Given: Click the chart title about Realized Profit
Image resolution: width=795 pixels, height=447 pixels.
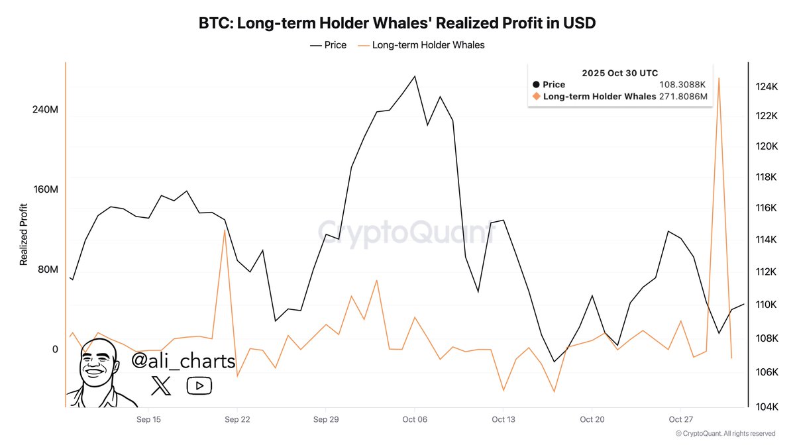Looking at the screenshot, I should point(397,23).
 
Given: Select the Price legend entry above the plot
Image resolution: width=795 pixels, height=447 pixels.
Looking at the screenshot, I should point(328,45).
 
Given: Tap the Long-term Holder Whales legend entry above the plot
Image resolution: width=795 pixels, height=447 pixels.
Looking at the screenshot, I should point(421,45).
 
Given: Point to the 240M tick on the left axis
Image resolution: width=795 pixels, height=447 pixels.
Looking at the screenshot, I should point(45,110).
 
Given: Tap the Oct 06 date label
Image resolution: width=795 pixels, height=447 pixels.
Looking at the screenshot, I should point(414,420).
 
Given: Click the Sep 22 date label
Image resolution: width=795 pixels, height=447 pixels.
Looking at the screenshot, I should point(237,420).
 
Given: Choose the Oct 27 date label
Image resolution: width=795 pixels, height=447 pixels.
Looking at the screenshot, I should point(680,420).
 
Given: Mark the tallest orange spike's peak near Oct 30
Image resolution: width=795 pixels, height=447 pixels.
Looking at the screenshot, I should point(719,78).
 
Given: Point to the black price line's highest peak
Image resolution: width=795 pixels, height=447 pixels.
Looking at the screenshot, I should point(415,76).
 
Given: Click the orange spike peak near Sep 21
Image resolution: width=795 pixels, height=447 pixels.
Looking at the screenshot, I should point(225,230).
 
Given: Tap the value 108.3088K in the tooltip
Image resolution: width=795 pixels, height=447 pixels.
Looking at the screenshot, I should point(683,85).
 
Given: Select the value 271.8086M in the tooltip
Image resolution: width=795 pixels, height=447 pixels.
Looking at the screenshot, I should point(683,97).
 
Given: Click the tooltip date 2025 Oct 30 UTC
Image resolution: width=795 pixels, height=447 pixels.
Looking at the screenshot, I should point(619,73).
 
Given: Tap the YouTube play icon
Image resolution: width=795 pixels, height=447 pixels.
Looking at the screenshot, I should point(199,385).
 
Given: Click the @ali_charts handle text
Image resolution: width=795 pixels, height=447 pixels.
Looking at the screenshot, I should point(184,362).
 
